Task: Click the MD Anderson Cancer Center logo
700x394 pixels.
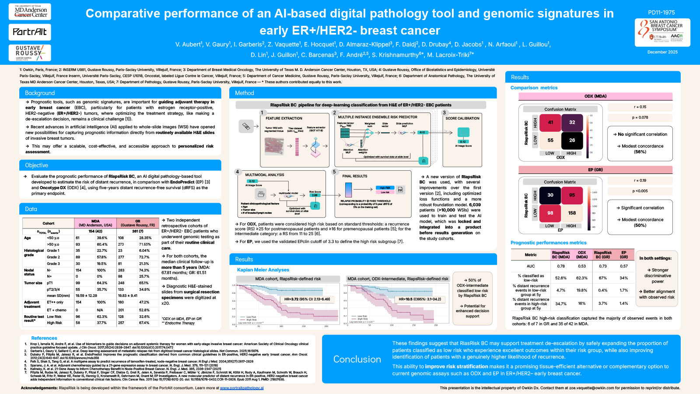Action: (x=30, y=12)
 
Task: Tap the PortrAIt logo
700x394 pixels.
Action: (x=30, y=32)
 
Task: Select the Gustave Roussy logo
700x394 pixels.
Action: (x=30, y=53)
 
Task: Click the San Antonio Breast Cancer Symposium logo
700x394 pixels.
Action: (x=662, y=32)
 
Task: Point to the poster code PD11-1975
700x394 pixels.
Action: (x=661, y=13)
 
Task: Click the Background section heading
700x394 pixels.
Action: (x=40, y=93)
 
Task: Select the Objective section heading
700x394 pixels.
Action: (x=36, y=165)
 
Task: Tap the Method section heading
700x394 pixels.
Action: (x=244, y=93)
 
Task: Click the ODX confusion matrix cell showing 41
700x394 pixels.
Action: (x=550, y=123)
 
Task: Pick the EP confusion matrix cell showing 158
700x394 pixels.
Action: (x=572, y=213)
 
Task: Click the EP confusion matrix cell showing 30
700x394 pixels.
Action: (x=550, y=195)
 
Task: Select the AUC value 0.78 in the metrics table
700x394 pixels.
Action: (x=560, y=266)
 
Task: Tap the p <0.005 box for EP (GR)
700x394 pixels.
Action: (x=640, y=191)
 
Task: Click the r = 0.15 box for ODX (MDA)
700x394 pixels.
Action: (x=640, y=107)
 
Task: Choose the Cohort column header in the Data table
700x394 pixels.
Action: (x=49, y=223)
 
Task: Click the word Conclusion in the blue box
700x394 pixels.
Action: (x=357, y=359)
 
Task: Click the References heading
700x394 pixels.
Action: (x=44, y=338)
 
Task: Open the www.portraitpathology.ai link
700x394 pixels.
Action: (x=241, y=388)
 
